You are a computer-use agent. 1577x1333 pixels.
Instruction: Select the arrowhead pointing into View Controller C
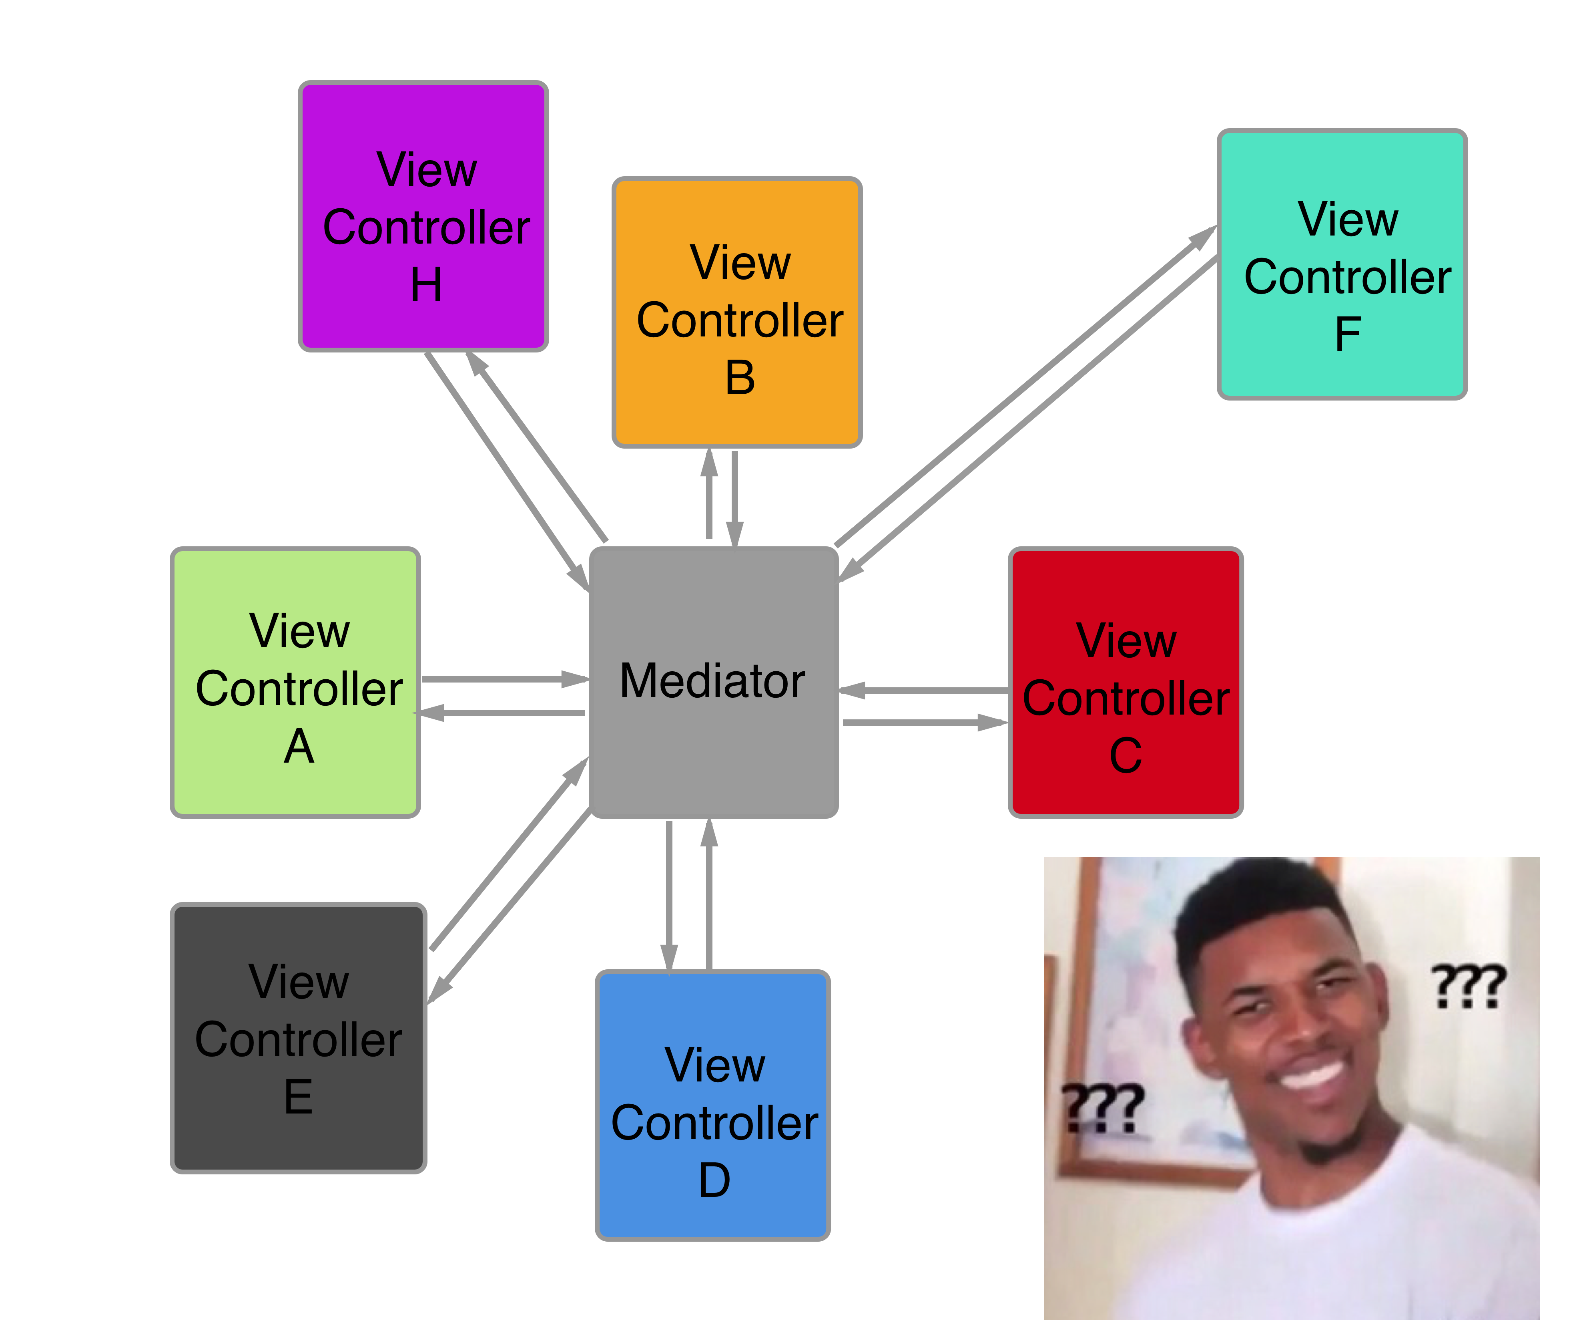pos(992,723)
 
